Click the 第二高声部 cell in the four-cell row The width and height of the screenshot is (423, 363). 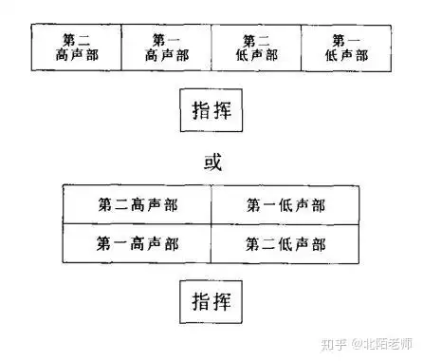(x=76, y=48)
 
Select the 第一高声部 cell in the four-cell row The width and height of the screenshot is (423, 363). (x=166, y=48)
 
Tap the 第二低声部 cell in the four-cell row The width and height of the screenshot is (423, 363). (x=256, y=48)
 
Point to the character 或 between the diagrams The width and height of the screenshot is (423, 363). (x=211, y=161)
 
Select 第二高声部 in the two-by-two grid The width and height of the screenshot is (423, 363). (x=138, y=204)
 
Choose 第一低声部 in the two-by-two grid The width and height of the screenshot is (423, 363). (x=285, y=204)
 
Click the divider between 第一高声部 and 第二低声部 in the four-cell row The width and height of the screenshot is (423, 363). (x=211, y=48)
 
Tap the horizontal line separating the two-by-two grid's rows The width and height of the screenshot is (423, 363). (x=211, y=223)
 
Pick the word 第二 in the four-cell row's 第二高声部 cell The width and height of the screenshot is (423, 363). (x=76, y=40)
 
